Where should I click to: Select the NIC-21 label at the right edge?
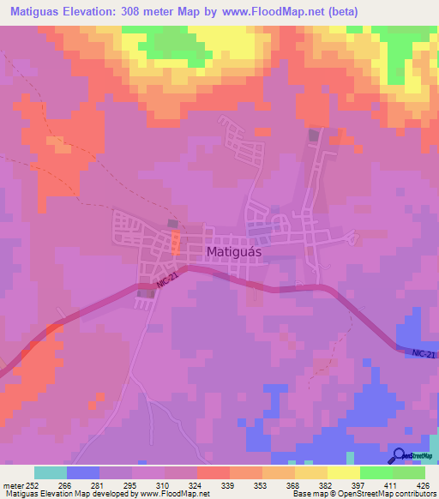tap(423, 352)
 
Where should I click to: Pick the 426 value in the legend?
tap(420, 484)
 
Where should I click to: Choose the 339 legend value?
tap(204, 484)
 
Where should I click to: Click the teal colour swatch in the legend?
tap(51, 472)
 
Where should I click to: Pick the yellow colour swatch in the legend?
tap(344, 472)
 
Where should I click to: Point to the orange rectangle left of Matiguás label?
tap(176, 239)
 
